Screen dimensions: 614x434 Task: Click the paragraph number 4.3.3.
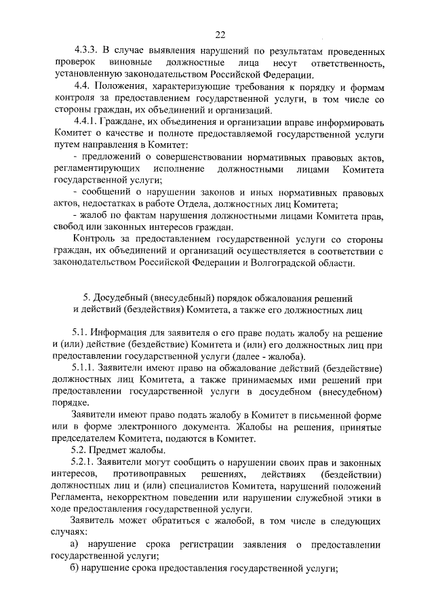click(86, 52)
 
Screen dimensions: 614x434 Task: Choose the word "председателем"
click(85, 438)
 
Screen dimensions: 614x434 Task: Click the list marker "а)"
click(76, 544)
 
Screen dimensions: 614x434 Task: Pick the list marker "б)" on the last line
click(76, 568)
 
